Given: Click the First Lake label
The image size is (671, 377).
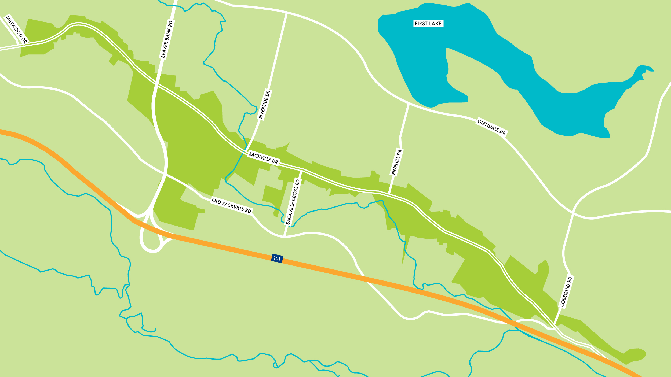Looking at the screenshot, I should [428, 24].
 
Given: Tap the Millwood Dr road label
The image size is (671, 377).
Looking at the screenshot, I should [16, 30].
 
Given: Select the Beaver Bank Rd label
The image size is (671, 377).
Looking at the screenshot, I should [167, 39].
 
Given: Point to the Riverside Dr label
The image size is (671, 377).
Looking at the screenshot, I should [265, 105].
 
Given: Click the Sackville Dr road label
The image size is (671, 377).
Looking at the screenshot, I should [263, 158].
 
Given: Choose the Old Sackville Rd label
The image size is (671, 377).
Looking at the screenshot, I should [231, 206].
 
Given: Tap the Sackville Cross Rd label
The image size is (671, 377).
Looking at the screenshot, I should [293, 201].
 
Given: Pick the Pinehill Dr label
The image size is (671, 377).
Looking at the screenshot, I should [397, 162].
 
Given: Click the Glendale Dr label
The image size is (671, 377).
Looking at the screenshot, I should [491, 127].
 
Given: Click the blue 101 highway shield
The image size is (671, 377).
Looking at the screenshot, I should [277, 258].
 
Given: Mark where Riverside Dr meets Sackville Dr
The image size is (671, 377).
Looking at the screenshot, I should [246, 150].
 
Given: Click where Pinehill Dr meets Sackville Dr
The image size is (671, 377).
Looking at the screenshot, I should [389, 194].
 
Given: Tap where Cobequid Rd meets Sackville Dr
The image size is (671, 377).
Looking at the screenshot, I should [555, 326].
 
